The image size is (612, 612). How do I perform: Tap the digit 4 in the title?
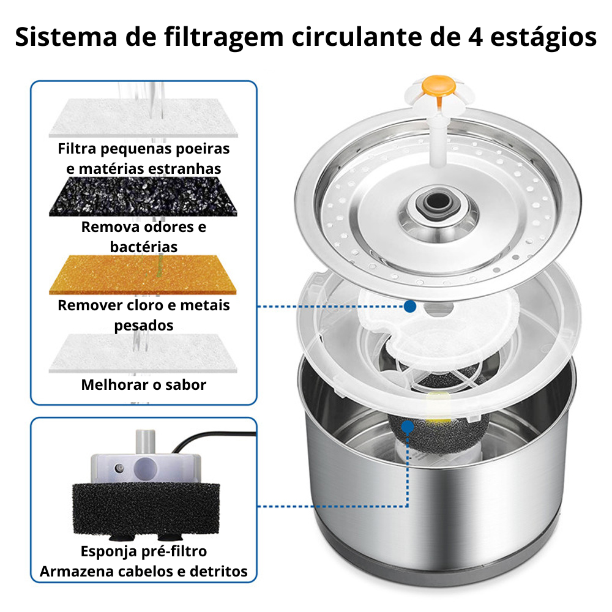pos(476,37)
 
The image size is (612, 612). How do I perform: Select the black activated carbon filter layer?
pos(143,196)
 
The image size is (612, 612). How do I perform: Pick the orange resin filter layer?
pos(143,275)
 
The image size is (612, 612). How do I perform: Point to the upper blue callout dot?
pos(410,307)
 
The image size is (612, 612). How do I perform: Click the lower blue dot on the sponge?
pos(408,427)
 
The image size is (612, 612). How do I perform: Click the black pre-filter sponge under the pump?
pos(146,509)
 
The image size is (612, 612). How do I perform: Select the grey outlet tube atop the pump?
pos(146,441)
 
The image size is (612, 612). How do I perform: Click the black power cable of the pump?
pos(213,438)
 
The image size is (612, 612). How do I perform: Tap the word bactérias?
pos(144,247)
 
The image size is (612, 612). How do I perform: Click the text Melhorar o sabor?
pos(144,385)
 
